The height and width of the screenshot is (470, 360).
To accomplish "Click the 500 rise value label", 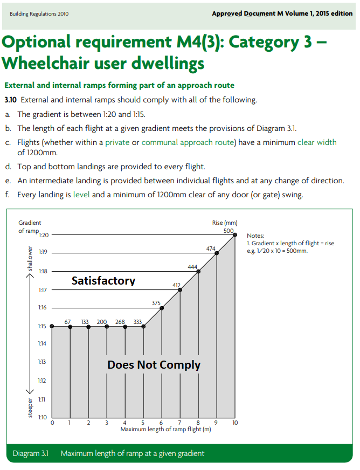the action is click(229, 231).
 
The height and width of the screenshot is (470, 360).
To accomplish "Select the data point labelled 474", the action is click(217, 253).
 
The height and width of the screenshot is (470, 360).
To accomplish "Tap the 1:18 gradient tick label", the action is click(43, 271).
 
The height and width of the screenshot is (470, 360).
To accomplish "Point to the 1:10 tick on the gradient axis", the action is click(43, 417).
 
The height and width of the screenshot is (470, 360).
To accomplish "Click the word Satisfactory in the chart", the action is click(103, 281).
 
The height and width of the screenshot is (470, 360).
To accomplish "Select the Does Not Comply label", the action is click(154, 365).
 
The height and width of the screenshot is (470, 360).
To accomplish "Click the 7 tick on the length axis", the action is click(179, 423).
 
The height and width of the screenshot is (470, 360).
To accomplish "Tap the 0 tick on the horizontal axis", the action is click(52, 423).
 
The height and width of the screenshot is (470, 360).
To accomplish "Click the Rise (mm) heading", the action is click(225, 223).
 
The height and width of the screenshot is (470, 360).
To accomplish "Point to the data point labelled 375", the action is click(162, 308).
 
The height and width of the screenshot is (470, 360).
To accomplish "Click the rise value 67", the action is click(67, 322).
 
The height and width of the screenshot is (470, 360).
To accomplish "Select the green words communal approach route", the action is click(188, 142).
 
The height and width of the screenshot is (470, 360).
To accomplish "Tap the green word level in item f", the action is click(81, 195).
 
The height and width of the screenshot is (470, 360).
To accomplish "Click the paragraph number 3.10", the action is click(10, 100).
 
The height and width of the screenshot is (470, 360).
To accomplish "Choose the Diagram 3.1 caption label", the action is click(31, 453).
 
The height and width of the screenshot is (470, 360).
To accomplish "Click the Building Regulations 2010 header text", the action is click(39, 14).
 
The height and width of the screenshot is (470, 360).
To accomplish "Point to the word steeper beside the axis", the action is click(30, 407).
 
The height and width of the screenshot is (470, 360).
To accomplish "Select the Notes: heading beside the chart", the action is click(255, 236).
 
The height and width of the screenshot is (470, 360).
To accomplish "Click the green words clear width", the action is click(317, 142).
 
